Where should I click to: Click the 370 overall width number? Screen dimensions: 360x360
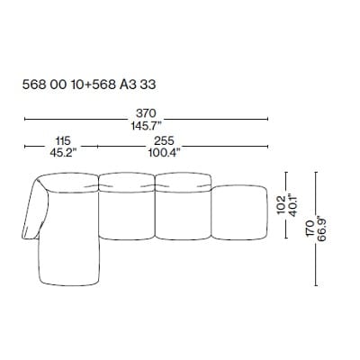tap(147, 112)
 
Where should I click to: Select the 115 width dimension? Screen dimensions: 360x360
tap(60, 141)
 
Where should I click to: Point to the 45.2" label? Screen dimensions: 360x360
tap(60, 153)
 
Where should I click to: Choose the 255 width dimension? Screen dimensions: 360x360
tap(164, 141)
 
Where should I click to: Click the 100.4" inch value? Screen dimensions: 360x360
tap(164, 153)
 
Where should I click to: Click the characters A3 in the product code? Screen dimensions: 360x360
tap(133, 89)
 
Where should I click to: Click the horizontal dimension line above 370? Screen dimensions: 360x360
tap(147, 118)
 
